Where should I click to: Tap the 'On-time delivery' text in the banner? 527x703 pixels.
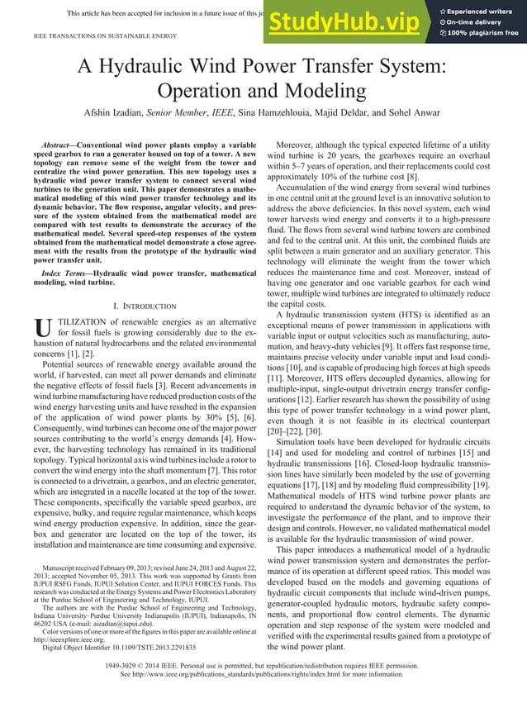pos(482,22)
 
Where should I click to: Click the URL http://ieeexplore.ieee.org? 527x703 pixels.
pos(75,639)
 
